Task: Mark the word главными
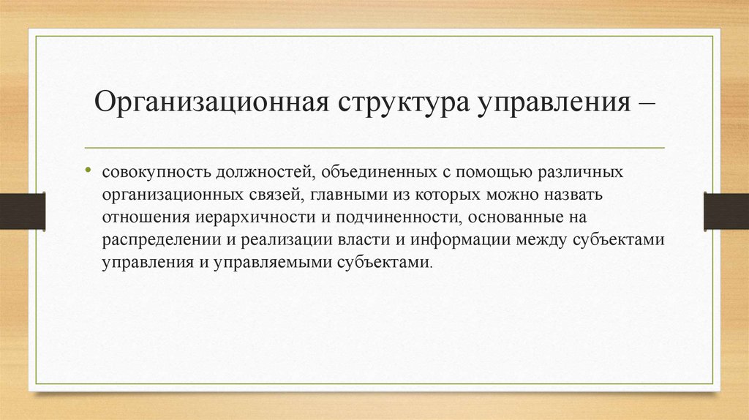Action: click(342, 196)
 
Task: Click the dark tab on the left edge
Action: click(23, 210)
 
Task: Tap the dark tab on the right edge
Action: click(726, 210)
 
